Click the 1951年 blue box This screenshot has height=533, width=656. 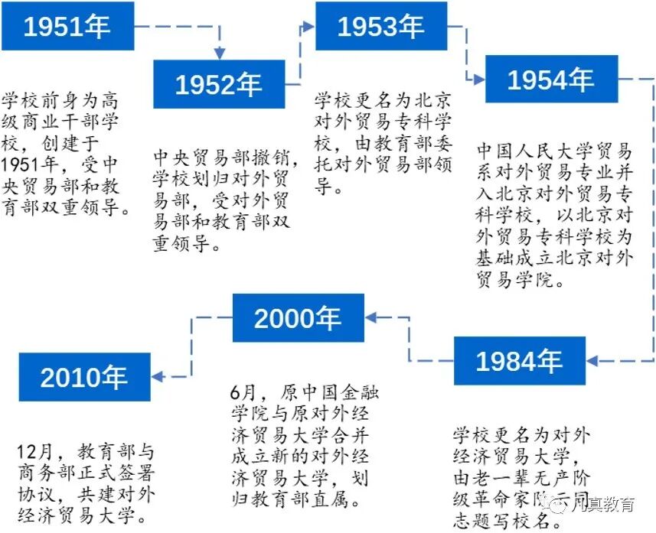point(67,27)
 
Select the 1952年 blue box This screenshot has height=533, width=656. point(219,84)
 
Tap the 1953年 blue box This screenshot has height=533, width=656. point(380,27)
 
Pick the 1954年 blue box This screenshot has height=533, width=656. point(551,79)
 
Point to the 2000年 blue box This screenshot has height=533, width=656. point(298,318)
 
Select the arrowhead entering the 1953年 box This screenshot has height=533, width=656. point(309,27)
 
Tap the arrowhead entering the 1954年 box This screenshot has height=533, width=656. point(479,79)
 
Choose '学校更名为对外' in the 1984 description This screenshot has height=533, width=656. point(521,437)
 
